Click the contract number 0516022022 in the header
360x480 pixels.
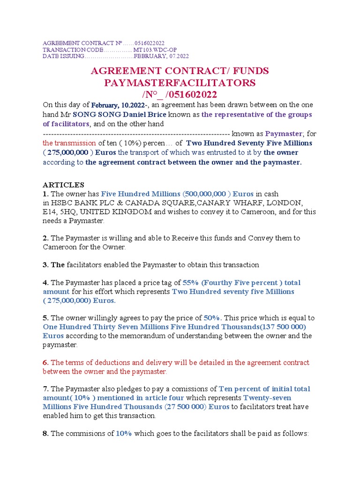click(x=149, y=43)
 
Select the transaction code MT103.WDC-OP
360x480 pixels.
click(x=155, y=50)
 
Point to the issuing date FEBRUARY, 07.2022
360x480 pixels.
click(x=161, y=56)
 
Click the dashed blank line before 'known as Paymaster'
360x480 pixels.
click(x=136, y=134)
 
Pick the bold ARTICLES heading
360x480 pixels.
click(x=63, y=185)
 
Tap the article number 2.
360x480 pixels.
click(x=45, y=238)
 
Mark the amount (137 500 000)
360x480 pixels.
click(x=280, y=327)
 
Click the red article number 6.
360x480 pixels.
click(x=45, y=363)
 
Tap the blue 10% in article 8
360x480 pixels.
click(x=124, y=434)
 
